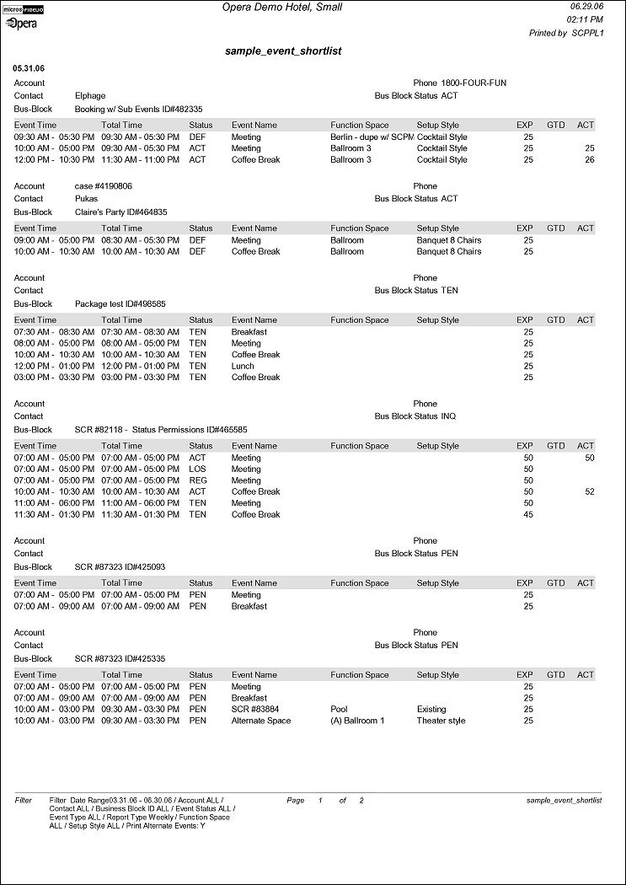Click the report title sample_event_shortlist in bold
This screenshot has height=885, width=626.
pyautogui.click(x=283, y=51)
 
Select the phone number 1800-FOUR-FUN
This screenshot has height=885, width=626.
pyautogui.click(x=473, y=83)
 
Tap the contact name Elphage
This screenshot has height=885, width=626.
pyautogui.click(x=90, y=96)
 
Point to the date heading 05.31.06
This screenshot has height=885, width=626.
pyautogui.click(x=29, y=67)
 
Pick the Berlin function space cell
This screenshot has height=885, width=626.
pyautogui.click(x=372, y=137)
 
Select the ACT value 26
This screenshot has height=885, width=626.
pyautogui.click(x=589, y=159)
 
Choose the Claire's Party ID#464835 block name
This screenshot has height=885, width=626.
pyautogui.click(x=121, y=212)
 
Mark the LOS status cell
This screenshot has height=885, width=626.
pyautogui.click(x=196, y=469)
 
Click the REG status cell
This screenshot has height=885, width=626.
pyautogui.click(x=197, y=480)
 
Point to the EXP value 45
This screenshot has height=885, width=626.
pyautogui.click(x=528, y=514)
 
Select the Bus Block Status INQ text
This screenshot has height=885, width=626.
pyautogui.click(x=415, y=416)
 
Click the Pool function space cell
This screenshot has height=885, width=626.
pyautogui.click(x=339, y=710)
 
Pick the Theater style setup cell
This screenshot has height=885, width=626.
pyautogui.click(x=441, y=721)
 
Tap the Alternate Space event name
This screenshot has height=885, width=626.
pyautogui.click(x=260, y=721)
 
